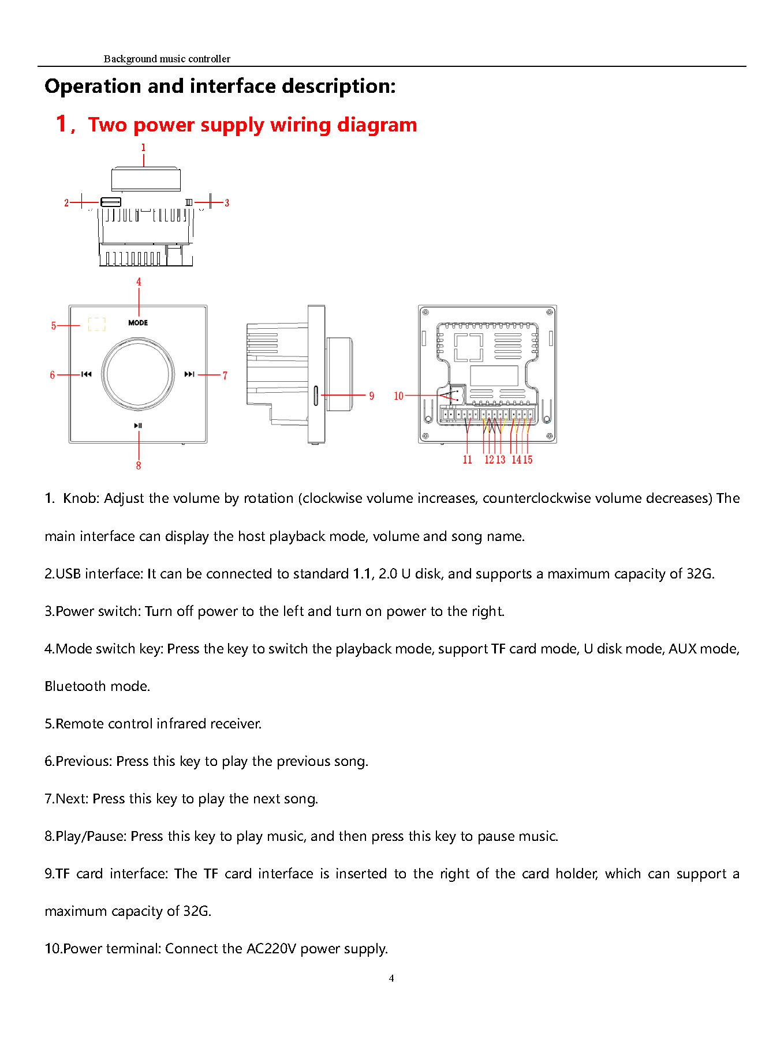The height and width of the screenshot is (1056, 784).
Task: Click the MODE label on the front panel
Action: [x=138, y=322]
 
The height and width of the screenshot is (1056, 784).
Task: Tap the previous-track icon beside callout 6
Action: [x=86, y=374]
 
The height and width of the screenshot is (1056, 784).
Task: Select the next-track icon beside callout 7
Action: [x=189, y=374]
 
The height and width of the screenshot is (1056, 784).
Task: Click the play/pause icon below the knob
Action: [x=138, y=426]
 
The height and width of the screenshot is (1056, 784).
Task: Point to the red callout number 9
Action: [x=372, y=396]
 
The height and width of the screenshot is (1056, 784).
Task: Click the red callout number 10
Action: [x=398, y=396]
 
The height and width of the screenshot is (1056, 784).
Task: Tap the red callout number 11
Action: [x=467, y=460]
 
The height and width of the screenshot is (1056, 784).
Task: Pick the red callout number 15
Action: [x=528, y=460]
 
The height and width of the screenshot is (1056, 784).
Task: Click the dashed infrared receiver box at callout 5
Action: [x=97, y=324]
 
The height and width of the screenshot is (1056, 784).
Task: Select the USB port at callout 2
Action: [x=110, y=202]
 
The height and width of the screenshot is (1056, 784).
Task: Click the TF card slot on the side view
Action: [x=316, y=395]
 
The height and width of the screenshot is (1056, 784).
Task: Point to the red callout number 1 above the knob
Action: [x=144, y=148]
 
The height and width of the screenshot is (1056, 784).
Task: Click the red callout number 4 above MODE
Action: [x=139, y=282]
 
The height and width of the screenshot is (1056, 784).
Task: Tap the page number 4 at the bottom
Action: [x=391, y=978]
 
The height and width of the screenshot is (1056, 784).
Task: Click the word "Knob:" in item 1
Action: [x=81, y=498]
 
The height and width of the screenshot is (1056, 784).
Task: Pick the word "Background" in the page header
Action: [x=130, y=59]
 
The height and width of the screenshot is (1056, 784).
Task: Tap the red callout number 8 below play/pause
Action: [x=139, y=465]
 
